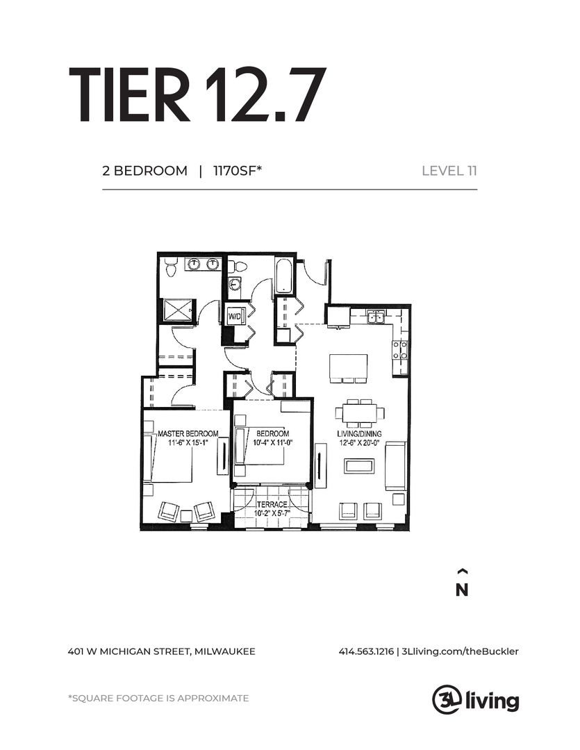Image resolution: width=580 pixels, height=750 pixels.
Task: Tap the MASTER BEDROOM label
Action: [x=183, y=433]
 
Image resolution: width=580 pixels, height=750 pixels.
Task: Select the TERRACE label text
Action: [x=272, y=505]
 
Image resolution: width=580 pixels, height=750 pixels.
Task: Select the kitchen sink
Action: [x=376, y=317]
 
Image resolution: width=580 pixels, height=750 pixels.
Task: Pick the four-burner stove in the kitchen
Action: [x=399, y=349]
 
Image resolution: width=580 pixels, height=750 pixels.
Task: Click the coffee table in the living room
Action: [x=358, y=466]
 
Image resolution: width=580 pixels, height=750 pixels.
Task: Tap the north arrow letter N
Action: [x=462, y=590]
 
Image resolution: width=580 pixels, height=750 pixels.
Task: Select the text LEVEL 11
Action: [x=449, y=171]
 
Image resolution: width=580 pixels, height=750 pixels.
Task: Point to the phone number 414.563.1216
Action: [x=366, y=651]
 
